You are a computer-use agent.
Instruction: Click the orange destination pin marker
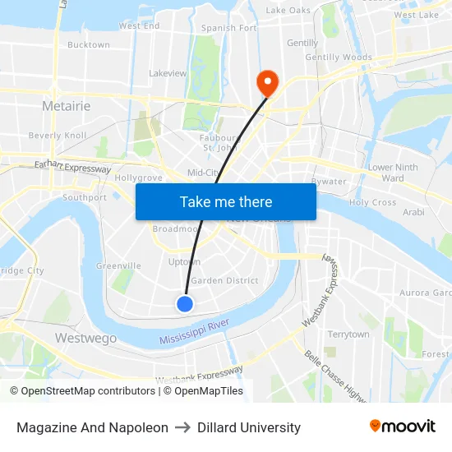click(x=267, y=81)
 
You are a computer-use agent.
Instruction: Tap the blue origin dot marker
click(x=185, y=304)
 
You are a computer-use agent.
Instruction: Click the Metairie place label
click(x=66, y=106)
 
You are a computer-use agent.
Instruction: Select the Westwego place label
click(x=79, y=338)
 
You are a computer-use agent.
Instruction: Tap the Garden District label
click(x=224, y=280)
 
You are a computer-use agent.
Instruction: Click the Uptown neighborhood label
click(x=184, y=261)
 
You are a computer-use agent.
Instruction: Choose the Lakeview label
click(x=168, y=73)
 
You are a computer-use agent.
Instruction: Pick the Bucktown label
click(x=88, y=45)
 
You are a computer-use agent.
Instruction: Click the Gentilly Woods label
click(x=339, y=58)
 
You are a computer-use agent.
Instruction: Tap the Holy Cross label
click(x=372, y=202)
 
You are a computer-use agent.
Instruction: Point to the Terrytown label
click(x=348, y=334)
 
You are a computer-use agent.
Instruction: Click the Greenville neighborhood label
click(x=118, y=265)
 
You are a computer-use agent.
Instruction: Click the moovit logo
click(x=403, y=427)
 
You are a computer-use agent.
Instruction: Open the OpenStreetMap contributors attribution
click(x=87, y=391)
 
